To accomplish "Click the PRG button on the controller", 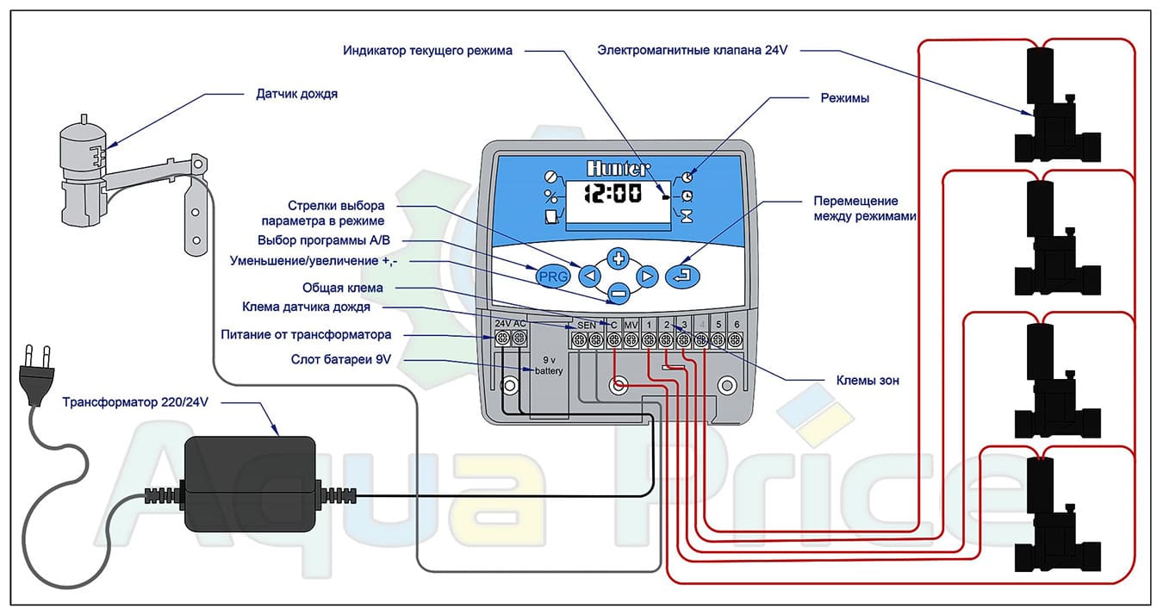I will pos(552,277).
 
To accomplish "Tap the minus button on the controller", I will pos(618,294).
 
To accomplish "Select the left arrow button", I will pos(589,276).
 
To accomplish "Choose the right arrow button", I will pos(647,276).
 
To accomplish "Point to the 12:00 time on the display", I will pos(613,192).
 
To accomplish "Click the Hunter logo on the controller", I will pos(618,168).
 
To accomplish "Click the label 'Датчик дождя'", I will pos(297,94).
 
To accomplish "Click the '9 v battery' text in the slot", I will pos(548,365).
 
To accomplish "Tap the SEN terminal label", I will pos(587,324).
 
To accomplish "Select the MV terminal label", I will pos(631,324).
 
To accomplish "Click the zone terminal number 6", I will pos(736,324).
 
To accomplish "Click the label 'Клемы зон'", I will pos(868,380).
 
